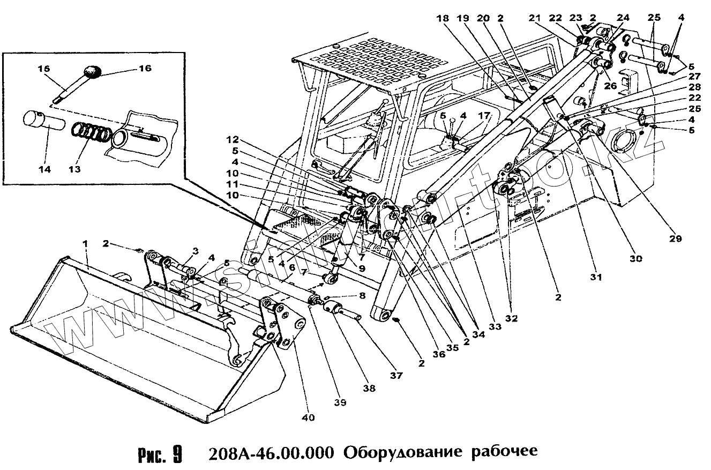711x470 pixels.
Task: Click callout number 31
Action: [x=596, y=278]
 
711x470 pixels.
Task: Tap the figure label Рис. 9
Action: [x=159, y=453]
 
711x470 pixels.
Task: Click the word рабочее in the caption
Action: [x=504, y=452]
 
